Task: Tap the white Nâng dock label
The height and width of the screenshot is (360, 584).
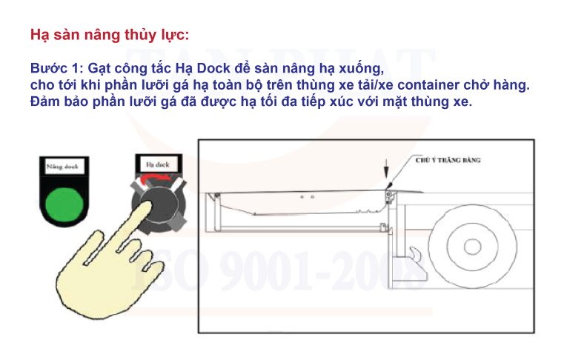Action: coord(62,167)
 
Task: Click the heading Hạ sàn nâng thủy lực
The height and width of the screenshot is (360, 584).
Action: coord(110,35)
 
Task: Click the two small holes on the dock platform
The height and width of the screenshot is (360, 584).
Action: coord(308,197)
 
